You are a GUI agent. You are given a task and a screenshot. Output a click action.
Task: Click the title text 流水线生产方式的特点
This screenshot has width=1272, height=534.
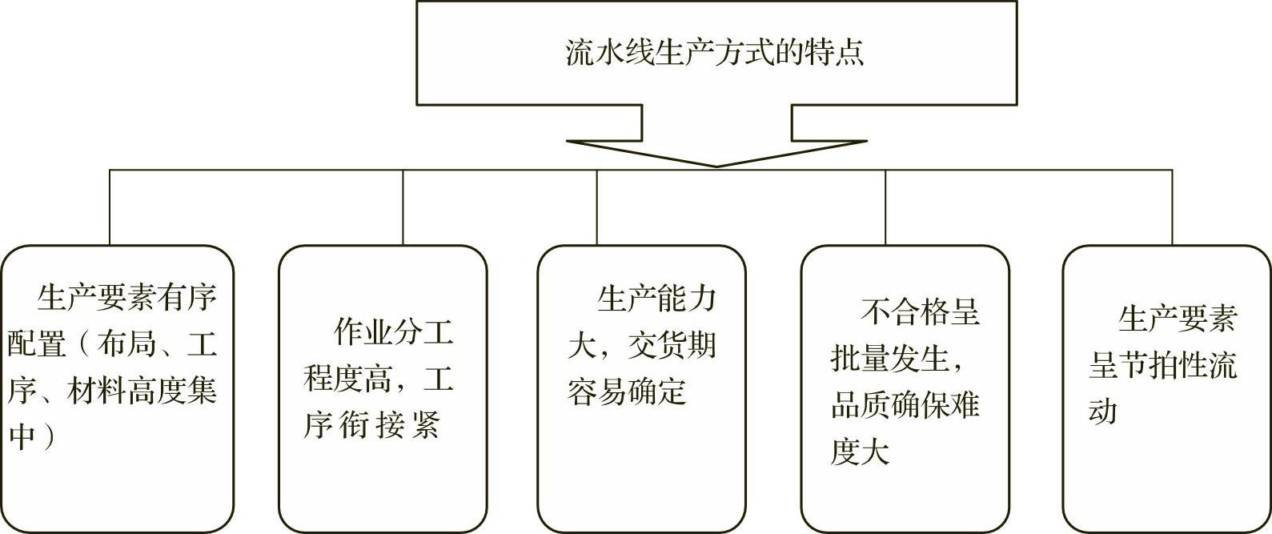tap(715, 54)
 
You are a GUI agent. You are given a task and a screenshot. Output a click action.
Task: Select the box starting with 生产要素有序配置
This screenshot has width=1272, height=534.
tap(117, 388)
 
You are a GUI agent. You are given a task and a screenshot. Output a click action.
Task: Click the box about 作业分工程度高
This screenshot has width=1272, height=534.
tap(383, 388)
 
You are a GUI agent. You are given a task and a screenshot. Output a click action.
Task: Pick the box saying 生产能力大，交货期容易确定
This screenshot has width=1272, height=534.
tap(641, 388)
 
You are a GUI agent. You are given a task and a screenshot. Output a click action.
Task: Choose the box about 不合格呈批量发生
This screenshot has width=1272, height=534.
tap(905, 388)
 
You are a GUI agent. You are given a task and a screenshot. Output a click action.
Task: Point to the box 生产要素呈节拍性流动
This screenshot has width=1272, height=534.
tap(1166, 388)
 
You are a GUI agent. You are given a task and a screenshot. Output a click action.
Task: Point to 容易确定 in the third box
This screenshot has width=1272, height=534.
tap(627, 391)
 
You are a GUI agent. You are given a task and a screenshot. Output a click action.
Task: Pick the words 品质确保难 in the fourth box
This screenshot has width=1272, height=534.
tap(905, 406)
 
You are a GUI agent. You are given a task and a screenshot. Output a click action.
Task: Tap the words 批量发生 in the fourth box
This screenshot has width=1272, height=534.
tap(889, 359)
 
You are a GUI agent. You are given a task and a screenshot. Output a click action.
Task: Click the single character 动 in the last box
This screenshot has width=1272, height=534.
tap(1102, 412)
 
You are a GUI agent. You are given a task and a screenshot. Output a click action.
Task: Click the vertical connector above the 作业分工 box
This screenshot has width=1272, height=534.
tap(403, 207)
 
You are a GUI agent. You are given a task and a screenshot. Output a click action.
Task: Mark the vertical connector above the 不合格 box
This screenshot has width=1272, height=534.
tap(885, 207)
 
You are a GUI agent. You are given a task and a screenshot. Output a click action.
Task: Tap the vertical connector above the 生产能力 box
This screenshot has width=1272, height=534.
tap(596, 207)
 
